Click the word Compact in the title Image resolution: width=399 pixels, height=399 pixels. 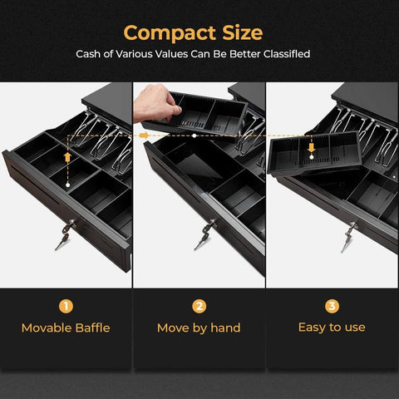[170, 33]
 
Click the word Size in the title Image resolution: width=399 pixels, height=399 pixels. [243, 32]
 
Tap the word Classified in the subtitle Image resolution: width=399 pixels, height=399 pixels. [287, 54]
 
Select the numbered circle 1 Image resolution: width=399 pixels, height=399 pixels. [66, 306]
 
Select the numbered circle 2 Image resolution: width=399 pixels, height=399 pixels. [199, 306]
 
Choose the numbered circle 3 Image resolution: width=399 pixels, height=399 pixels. [332, 306]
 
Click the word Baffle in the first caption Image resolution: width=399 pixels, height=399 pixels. [92, 328]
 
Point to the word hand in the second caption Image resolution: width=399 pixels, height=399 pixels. [225, 328]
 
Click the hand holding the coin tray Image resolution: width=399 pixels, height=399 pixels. [155, 103]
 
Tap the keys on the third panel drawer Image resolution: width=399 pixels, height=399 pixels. [349, 236]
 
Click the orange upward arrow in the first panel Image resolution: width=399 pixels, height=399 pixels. [67, 157]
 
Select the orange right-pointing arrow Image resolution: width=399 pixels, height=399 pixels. [144, 135]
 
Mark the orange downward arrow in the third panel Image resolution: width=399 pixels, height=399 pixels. [312, 147]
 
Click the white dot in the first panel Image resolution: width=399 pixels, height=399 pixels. [67, 185]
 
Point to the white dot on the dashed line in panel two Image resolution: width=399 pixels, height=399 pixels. [195, 135]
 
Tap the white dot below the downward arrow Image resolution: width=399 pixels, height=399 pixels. [312, 157]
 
